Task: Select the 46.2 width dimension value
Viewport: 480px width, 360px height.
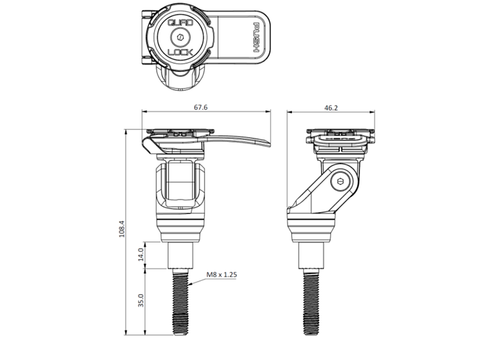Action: pyautogui.click(x=330, y=107)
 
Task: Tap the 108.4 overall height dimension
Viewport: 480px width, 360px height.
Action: pyautogui.click(x=121, y=231)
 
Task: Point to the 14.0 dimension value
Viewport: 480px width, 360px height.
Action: pyautogui.click(x=141, y=255)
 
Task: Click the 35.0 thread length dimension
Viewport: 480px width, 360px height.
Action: pyautogui.click(x=141, y=301)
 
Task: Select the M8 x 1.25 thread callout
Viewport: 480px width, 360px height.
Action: pyautogui.click(x=222, y=275)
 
